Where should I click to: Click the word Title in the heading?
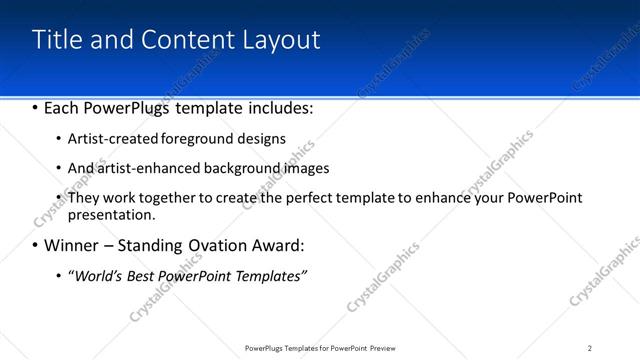tap(59, 40)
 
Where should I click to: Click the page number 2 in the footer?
tap(590, 348)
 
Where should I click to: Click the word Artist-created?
tap(111, 138)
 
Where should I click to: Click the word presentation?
tap(110, 214)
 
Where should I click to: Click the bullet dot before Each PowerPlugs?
tap(36, 107)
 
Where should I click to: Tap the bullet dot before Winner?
tap(36, 245)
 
